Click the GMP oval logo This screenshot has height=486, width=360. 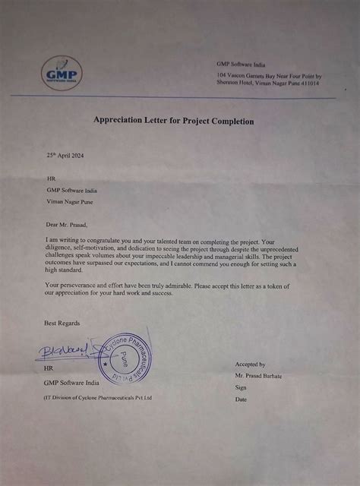point(62,75)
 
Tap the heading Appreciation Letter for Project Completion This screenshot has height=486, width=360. point(173,121)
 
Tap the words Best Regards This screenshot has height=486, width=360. point(62,323)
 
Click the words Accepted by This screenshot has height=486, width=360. point(251,364)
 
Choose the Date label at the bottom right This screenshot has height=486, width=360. point(242,399)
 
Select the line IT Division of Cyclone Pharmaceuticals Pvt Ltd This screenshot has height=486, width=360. point(98,397)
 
